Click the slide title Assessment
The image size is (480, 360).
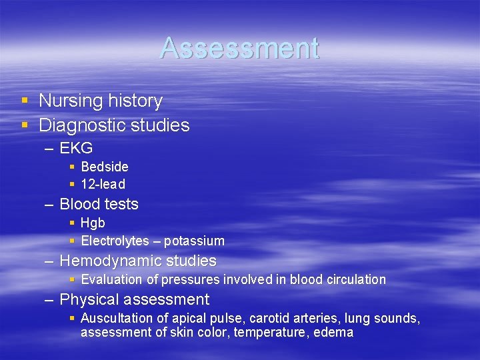(x=239, y=48)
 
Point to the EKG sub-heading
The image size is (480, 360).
(x=76, y=148)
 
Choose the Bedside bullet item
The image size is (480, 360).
(x=105, y=167)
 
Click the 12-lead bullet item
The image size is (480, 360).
(x=103, y=184)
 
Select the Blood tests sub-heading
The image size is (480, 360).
(x=99, y=204)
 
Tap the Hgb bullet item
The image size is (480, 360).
(x=93, y=223)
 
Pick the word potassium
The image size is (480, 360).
(x=194, y=241)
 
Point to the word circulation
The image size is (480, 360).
(x=357, y=279)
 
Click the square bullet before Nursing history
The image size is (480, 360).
(x=25, y=101)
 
